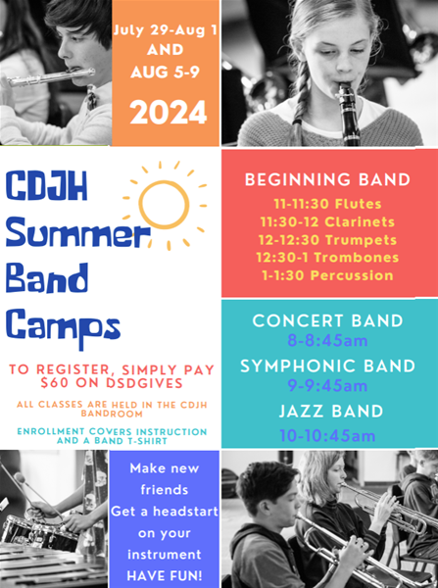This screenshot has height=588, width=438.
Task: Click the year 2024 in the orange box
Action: point(169,113)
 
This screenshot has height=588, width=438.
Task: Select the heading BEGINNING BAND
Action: point(327,179)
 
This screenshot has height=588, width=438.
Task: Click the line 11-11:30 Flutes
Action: point(327,204)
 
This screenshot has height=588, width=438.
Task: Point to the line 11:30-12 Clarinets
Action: point(327,221)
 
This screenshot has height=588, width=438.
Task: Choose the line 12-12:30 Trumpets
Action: point(327,240)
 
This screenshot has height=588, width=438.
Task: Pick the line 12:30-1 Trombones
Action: point(327,257)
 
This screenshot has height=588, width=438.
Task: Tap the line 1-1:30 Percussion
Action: point(327,275)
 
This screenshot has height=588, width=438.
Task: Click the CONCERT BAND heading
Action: point(327,320)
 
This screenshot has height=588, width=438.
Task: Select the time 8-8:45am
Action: point(327,340)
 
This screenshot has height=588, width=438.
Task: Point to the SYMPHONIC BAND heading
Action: point(327,366)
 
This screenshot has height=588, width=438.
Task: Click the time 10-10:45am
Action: point(327,436)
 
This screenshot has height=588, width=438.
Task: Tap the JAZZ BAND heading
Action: point(331,411)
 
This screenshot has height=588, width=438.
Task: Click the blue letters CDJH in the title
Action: point(46,185)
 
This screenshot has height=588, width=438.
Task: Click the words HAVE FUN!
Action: point(165,575)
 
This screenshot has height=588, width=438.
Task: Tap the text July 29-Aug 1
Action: point(166,30)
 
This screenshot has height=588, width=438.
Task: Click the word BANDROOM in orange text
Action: point(112,414)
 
